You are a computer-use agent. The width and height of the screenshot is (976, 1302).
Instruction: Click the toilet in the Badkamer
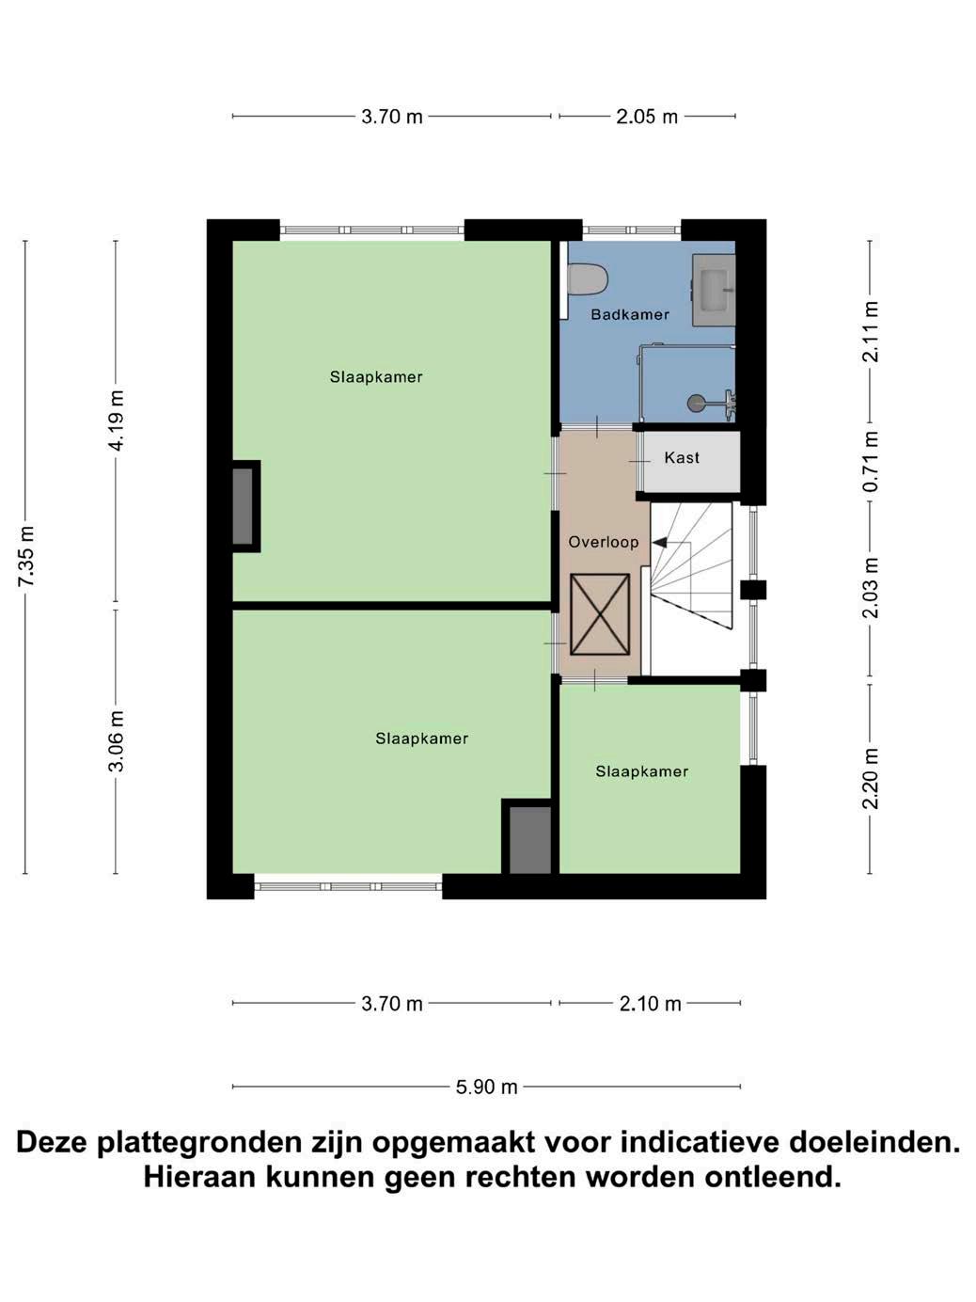click(x=587, y=278)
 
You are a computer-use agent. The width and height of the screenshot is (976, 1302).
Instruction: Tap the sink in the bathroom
click(x=714, y=290)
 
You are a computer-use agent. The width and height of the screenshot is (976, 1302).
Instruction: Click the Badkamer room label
click(x=630, y=314)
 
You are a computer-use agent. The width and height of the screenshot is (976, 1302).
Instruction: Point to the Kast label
click(x=682, y=457)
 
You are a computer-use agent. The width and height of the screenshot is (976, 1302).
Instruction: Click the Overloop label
click(x=604, y=542)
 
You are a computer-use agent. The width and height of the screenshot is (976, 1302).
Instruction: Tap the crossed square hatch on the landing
click(x=600, y=614)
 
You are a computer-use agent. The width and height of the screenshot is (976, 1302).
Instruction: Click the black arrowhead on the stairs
click(x=658, y=542)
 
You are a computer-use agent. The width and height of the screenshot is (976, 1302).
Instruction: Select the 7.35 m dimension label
click(x=26, y=556)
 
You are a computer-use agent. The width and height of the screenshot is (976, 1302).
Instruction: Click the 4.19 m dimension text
click(x=117, y=421)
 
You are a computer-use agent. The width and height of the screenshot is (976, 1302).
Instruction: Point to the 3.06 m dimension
click(x=117, y=741)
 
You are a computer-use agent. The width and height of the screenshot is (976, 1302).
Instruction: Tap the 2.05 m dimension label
click(x=647, y=117)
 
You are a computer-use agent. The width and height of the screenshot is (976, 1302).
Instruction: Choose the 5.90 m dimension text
click(x=486, y=1087)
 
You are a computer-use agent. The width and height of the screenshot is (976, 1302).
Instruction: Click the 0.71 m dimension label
click(x=870, y=461)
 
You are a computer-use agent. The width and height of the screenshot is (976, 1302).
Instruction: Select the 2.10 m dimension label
click(x=650, y=1004)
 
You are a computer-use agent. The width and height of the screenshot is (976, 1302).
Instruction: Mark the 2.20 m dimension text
click(x=870, y=778)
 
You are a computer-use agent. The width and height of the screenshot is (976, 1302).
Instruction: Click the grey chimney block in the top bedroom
click(x=243, y=506)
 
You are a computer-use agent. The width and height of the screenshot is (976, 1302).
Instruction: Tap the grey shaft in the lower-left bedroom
click(x=530, y=839)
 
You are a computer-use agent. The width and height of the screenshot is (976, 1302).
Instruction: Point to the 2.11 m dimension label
click(x=870, y=331)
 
